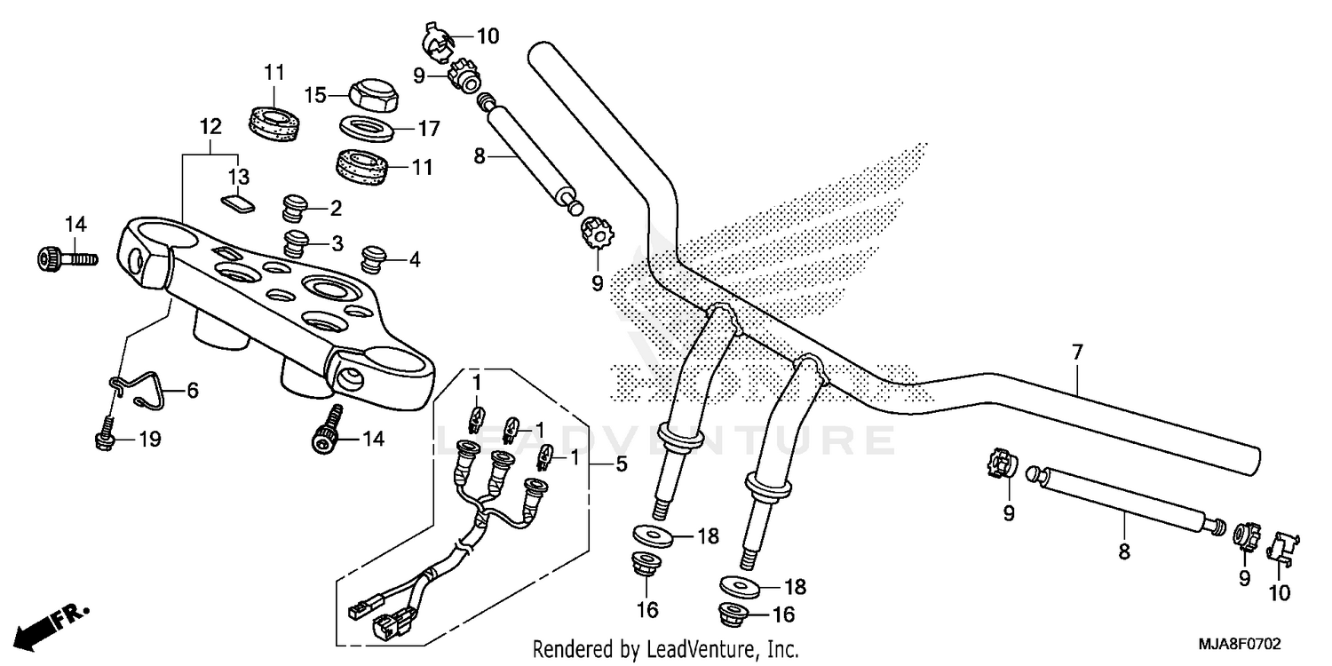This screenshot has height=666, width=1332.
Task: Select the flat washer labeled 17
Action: point(369,128)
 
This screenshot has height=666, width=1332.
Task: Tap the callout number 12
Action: point(209,127)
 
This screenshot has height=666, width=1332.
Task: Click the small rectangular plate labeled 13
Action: point(237,203)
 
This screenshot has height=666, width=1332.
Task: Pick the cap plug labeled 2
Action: point(294,208)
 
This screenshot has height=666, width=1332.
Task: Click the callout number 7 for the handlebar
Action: point(1077,353)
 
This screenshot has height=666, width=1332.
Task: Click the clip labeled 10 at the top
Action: point(435,40)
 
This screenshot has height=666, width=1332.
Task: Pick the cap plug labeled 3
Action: point(296,241)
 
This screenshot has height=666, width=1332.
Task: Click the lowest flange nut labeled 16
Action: point(733,614)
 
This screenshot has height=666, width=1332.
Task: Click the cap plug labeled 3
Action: point(296,241)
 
